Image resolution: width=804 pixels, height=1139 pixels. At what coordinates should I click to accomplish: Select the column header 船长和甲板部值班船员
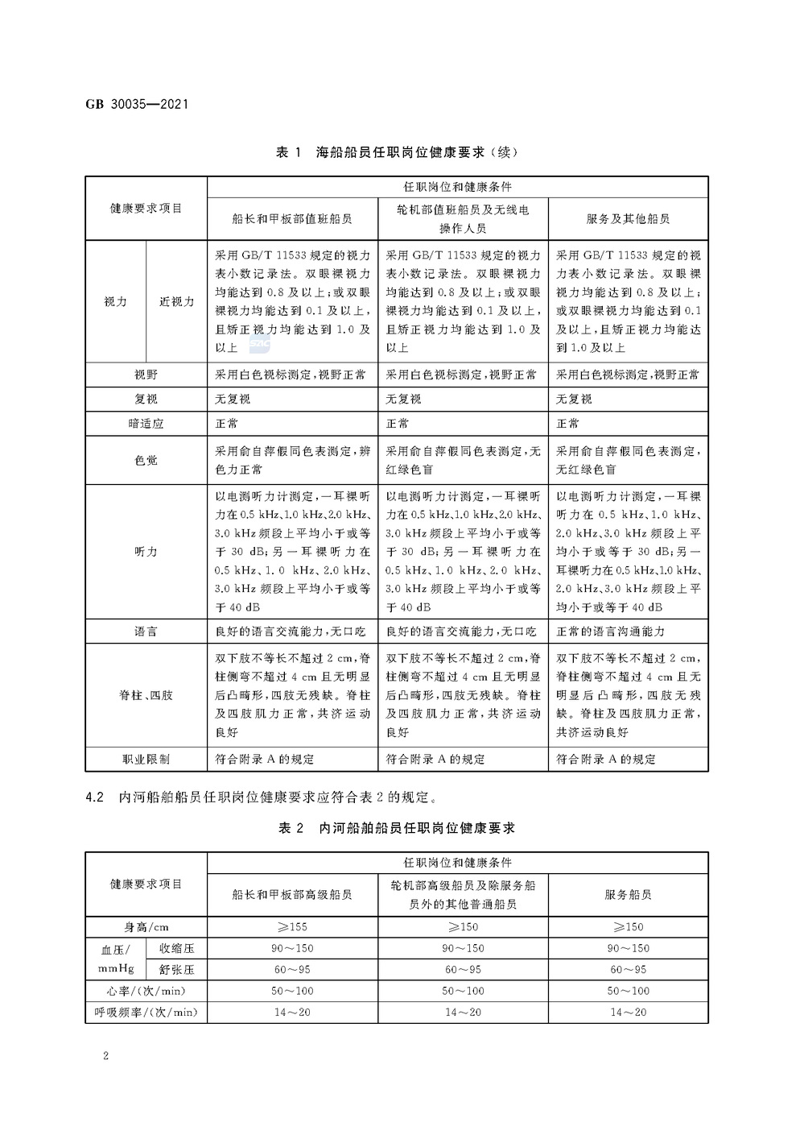[292, 218]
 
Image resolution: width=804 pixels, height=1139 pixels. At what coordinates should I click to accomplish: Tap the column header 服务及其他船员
[628, 218]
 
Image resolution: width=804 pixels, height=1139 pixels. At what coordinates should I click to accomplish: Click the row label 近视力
[176, 301]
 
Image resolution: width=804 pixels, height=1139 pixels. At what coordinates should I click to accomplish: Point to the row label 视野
[146, 375]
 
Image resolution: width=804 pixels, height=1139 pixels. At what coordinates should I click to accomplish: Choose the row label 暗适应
[146, 423]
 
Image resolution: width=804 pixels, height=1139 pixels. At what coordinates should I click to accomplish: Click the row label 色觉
[146, 460]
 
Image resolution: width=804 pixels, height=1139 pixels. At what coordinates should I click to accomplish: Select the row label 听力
[146, 552]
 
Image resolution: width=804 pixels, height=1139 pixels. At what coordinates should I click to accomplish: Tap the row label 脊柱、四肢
[146, 695]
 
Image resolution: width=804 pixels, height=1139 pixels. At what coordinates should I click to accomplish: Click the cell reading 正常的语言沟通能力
[611, 632]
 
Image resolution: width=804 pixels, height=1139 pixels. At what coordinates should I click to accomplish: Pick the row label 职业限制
[146, 759]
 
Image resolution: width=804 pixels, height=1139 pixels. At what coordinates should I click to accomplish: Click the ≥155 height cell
[292, 926]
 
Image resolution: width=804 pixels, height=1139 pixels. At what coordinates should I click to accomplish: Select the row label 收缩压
[176, 948]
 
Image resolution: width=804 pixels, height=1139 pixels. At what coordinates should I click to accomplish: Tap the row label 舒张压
[176, 969]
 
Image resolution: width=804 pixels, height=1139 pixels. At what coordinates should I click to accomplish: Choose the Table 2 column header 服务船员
[628, 894]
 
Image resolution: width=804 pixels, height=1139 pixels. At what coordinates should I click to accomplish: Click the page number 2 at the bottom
[105, 1056]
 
